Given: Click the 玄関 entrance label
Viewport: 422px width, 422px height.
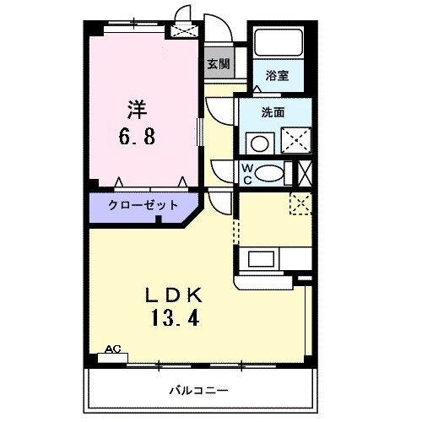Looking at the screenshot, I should coord(216,64).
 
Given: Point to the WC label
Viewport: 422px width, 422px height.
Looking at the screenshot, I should coord(247,172).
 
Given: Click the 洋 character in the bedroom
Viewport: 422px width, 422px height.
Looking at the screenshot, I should coord(138,109).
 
